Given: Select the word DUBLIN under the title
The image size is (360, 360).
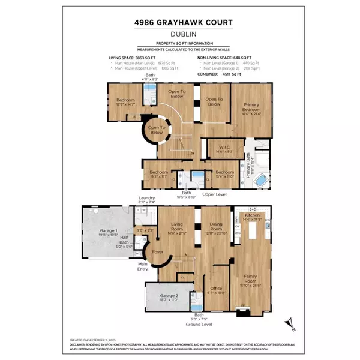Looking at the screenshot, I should pos(180,35).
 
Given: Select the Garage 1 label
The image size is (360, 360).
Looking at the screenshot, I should pos(109,232).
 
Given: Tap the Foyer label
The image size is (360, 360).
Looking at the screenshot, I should pos(158,253).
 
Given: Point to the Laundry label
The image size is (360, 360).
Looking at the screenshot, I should pos(147,198).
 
